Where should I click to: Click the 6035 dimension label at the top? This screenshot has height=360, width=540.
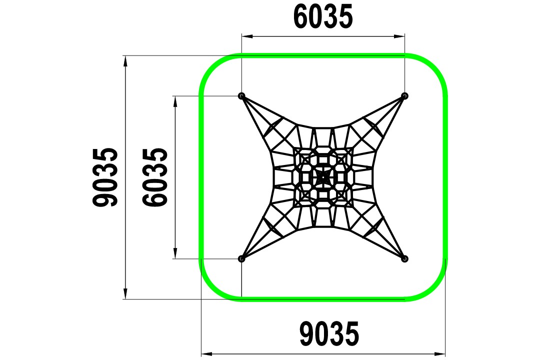(x=323, y=17)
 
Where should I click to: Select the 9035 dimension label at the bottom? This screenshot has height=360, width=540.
(x=329, y=334)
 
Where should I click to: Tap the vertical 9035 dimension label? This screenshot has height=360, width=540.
(x=105, y=177)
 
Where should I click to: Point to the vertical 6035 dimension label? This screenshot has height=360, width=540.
(x=155, y=177)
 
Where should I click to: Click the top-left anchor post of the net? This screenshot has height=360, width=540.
(x=242, y=96)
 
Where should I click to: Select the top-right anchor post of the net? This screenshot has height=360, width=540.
(x=404, y=96)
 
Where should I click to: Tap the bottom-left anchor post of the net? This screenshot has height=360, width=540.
(x=242, y=258)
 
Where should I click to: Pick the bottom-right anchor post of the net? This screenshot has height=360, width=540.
(x=404, y=258)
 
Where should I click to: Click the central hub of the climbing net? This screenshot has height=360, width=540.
(x=323, y=177)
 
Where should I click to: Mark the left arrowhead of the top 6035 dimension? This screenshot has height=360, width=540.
(x=246, y=35)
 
